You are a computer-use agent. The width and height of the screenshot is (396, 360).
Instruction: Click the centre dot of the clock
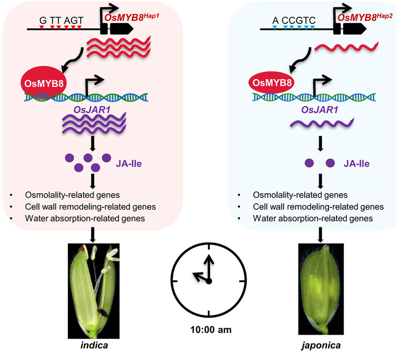[209, 281]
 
